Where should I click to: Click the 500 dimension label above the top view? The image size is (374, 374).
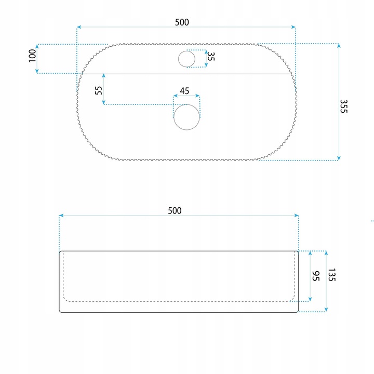pos(182,22)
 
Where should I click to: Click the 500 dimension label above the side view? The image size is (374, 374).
pos(175,210)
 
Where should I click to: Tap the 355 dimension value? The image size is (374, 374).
pos(344,106)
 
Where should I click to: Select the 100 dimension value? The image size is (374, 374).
pos(32,56)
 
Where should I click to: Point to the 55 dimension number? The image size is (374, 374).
pos(99,90)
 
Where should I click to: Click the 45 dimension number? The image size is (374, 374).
pos(184,91)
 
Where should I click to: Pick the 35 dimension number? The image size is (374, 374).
pos(211,56)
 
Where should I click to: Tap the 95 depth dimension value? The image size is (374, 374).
pos(316,276)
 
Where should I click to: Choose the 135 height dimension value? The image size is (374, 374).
pos(332,275)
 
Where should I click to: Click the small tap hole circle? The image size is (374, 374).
pos(187,59)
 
